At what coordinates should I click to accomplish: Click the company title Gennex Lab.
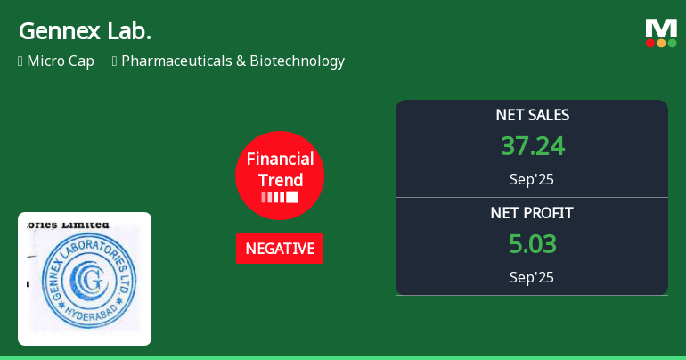[x=85, y=31]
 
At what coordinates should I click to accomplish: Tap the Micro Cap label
[x=60, y=61]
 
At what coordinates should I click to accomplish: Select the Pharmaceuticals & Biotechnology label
[x=233, y=61]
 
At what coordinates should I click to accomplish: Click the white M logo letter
[x=661, y=28]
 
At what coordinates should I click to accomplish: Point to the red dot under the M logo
[x=650, y=43]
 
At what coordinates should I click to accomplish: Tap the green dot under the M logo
[x=672, y=43]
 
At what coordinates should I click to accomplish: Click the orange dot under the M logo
[x=661, y=43]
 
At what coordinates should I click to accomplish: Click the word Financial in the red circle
[x=280, y=160]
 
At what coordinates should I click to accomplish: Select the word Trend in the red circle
[x=280, y=180]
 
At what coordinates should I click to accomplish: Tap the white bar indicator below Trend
[x=280, y=197]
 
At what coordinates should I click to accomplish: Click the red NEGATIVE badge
[x=280, y=249]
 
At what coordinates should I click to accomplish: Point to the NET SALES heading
[x=532, y=115]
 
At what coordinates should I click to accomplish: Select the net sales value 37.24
[x=532, y=146]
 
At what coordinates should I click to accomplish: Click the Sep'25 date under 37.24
[x=532, y=179]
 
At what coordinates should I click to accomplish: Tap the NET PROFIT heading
[x=532, y=213]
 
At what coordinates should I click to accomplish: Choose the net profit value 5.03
[x=532, y=244]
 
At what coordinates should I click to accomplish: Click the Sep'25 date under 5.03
[x=532, y=277]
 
